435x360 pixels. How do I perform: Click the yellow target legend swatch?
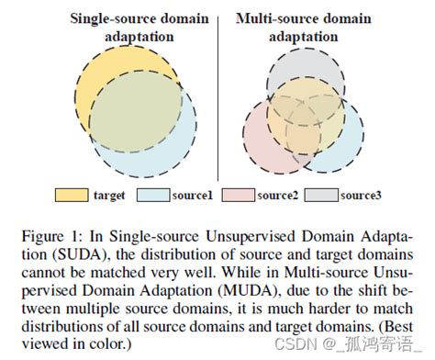[x=71, y=195]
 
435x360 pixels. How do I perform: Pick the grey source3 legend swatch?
[x=322, y=195]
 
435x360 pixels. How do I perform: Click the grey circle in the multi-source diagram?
[x=304, y=64]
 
